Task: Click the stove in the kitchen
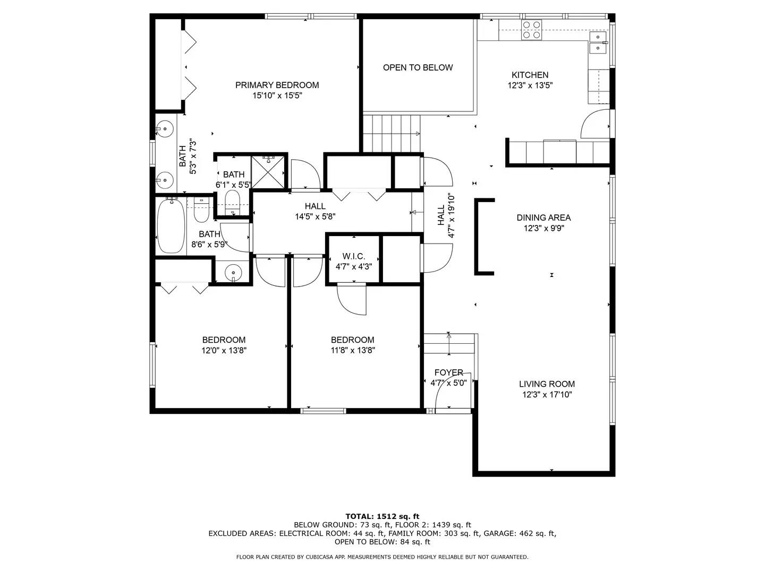coord(531,30)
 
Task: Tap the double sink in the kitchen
coord(598,42)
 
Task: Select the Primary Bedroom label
coord(277,85)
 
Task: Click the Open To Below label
coord(418,67)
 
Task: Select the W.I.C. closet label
coord(353,256)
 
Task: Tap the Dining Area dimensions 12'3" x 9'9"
coord(543,229)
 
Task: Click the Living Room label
coord(547,384)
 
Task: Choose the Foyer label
coord(448,372)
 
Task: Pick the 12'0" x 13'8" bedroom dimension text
coord(224,351)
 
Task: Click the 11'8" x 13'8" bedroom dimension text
coord(353,351)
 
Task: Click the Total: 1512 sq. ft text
coord(382,516)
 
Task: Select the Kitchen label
coord(530,75)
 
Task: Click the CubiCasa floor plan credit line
coord(382,557)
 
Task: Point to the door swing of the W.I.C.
coord(352,300)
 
